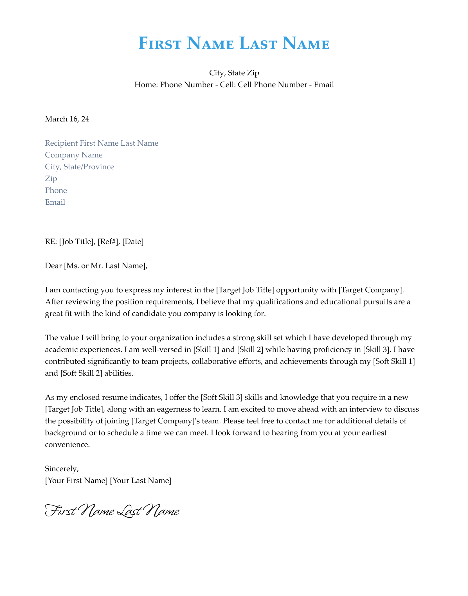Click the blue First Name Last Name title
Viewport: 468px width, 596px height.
pos(234,44)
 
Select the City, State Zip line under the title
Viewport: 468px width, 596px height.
pos(234,73)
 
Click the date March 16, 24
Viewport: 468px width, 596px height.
pos(67,119)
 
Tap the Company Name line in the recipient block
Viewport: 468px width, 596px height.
pos(74,155)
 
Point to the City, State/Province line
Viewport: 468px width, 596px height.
pos(79,167)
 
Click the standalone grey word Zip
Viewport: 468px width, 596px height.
pos(51,179)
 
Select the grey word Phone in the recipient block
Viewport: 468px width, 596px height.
pos(56,190)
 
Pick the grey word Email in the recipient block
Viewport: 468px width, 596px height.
pos(55,202)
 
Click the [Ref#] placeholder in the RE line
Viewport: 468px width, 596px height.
pos(109,241)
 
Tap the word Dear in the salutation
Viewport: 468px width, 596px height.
pos(53,265)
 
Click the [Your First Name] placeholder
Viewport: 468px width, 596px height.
pos(76,480)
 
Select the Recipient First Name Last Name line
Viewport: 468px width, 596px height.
pos(102,143)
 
